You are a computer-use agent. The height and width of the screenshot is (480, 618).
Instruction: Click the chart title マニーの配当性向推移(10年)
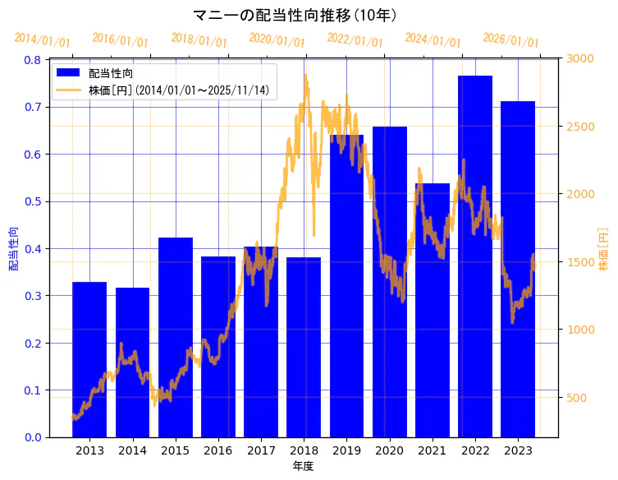click(295, 15)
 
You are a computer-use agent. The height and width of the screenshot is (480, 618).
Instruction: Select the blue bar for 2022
click(474, 256)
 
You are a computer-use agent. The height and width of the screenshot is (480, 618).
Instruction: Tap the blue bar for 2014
click(132, 362)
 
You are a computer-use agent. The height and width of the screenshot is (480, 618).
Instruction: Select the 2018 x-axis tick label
click(304, 450)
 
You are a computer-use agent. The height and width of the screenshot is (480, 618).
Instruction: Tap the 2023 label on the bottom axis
click(518, 450)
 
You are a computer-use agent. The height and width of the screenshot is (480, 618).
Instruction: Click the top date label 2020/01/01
click(277, 39)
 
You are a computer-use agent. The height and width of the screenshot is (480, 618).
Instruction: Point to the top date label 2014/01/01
click(43, 39)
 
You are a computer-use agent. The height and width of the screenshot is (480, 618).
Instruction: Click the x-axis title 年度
click(303, 466)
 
